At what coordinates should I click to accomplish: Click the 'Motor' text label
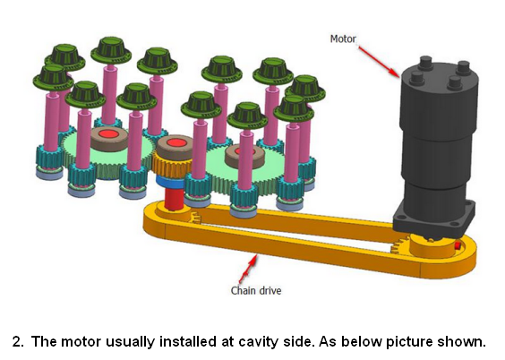[x=343, y=39]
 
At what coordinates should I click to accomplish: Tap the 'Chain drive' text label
[x=256, y=290]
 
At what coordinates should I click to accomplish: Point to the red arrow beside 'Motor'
[x=379, y=62]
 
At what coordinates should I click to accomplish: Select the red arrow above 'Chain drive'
[x=248, y=270]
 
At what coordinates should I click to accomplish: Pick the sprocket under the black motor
[x=428, y=247]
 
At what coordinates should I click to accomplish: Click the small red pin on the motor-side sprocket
[x=458, y=246]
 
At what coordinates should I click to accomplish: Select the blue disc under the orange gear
[x=171, y=182]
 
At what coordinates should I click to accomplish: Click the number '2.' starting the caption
[x=19, y=342]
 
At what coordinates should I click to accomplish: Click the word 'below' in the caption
[x=362, y=341]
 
